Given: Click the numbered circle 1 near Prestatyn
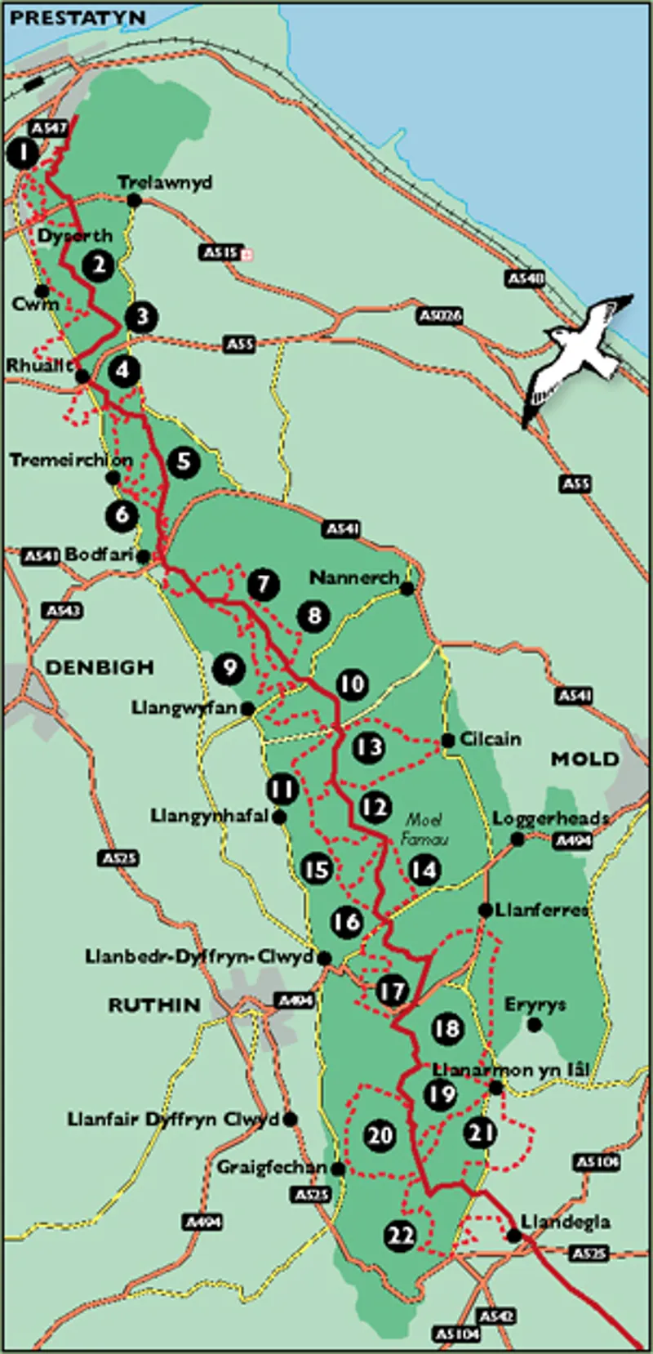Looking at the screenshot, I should (24, 153).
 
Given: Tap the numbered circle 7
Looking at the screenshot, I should (263, 585).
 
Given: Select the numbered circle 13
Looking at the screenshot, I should (369, 746).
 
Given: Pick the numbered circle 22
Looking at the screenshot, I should (401, 1236).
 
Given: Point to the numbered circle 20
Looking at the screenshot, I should (380, 1135).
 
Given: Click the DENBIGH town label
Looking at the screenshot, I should (100, 667).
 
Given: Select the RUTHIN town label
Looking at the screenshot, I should (154, 1005).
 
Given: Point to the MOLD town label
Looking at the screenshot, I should (584, 759).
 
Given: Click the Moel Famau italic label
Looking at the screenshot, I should (424, 828).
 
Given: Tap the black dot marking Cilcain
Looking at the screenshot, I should (448, 741).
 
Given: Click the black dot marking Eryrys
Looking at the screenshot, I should (535, 1024).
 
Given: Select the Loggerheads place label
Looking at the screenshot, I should (551, 818).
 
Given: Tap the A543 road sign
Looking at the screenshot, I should (63, 610).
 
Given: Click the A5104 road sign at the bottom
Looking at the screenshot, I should (456, 1333).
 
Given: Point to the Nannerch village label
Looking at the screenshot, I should (354, 577).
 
